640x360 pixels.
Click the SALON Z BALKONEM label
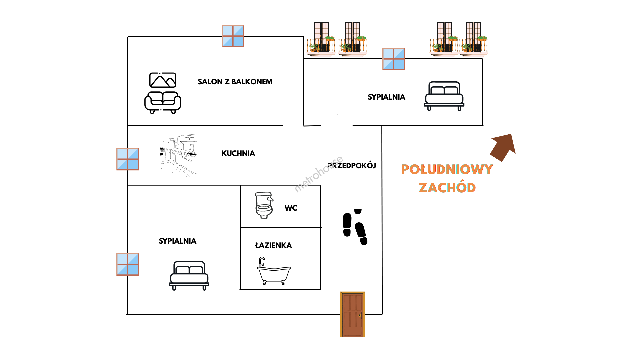point(235,82)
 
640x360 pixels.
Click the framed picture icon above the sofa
point(163,80)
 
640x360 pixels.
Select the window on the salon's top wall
point(233,36)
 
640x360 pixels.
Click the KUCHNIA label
point(238,153)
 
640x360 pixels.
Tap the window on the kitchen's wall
point(128,159)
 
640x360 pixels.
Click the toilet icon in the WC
point(264,205)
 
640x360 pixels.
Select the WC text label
point(291,208)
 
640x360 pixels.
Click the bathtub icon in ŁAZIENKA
point(274,271)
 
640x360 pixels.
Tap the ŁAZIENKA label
point(273,245)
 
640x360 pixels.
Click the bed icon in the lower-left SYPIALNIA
point(189,276)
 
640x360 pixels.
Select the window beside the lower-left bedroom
point(128,264)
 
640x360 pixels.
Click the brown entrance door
point(353,314)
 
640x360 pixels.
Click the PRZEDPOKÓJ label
point(352,166)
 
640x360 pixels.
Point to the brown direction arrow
point(503,147)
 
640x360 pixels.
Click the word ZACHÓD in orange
point(447,188)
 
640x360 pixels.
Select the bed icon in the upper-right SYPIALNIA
point(444,96)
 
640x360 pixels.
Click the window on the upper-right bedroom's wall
point(394,59)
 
